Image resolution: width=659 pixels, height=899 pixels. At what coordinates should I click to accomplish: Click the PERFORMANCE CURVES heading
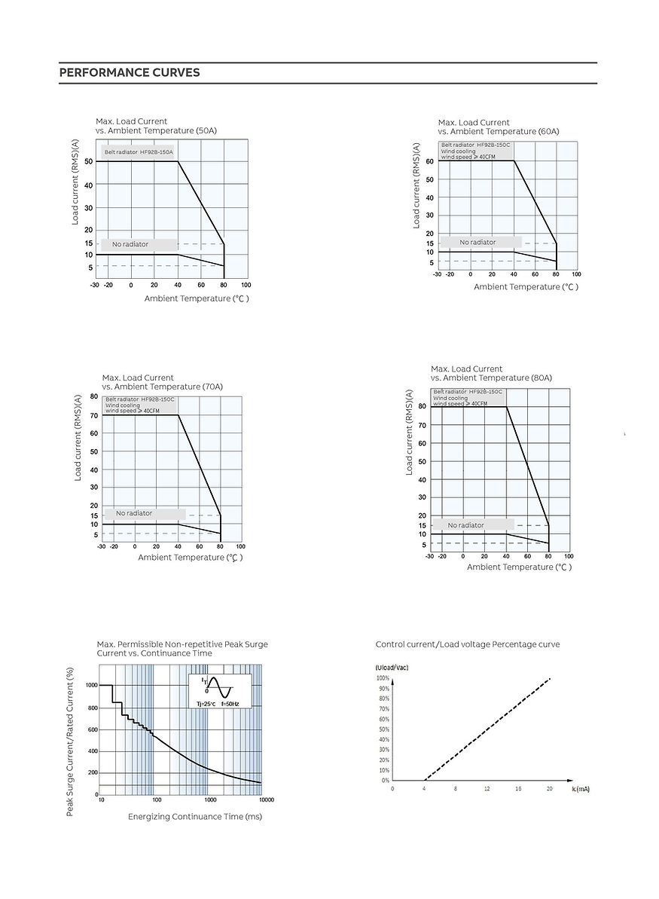point(130,73)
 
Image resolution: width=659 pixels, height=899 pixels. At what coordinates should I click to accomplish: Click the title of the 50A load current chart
point(156,126)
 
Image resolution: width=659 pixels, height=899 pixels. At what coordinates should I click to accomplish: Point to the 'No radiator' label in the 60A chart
point(477,243)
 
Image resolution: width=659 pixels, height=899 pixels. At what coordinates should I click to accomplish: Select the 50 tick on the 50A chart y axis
point(89,161)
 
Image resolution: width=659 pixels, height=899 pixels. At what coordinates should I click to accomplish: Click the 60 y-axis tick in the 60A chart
point(429,161)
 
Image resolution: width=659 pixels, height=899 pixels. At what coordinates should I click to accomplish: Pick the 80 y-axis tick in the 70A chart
point(94,396)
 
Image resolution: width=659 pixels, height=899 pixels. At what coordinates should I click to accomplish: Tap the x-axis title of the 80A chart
point(519,567)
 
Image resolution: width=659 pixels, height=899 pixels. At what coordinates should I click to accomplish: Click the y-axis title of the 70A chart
point(78,439)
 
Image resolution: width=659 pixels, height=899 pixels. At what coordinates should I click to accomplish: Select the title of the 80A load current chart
point(491,373)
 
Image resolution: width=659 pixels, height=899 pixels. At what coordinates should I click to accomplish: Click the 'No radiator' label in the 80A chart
point(465,525)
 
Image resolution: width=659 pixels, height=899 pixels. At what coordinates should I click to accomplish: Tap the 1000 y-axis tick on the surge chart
point(91,685)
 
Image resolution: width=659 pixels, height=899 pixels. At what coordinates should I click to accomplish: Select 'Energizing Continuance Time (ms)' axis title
point(194,817)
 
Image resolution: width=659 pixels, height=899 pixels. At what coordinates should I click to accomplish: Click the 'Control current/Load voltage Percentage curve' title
point(468,644)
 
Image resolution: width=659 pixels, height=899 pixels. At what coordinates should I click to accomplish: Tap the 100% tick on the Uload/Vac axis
point(383,678)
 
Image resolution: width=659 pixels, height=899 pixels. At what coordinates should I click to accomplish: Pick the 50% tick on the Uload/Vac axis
point(383,729)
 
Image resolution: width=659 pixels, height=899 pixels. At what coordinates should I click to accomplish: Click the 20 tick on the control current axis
point(550,788)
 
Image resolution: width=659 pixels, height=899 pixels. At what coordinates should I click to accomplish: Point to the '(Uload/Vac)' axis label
point(392,668)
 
